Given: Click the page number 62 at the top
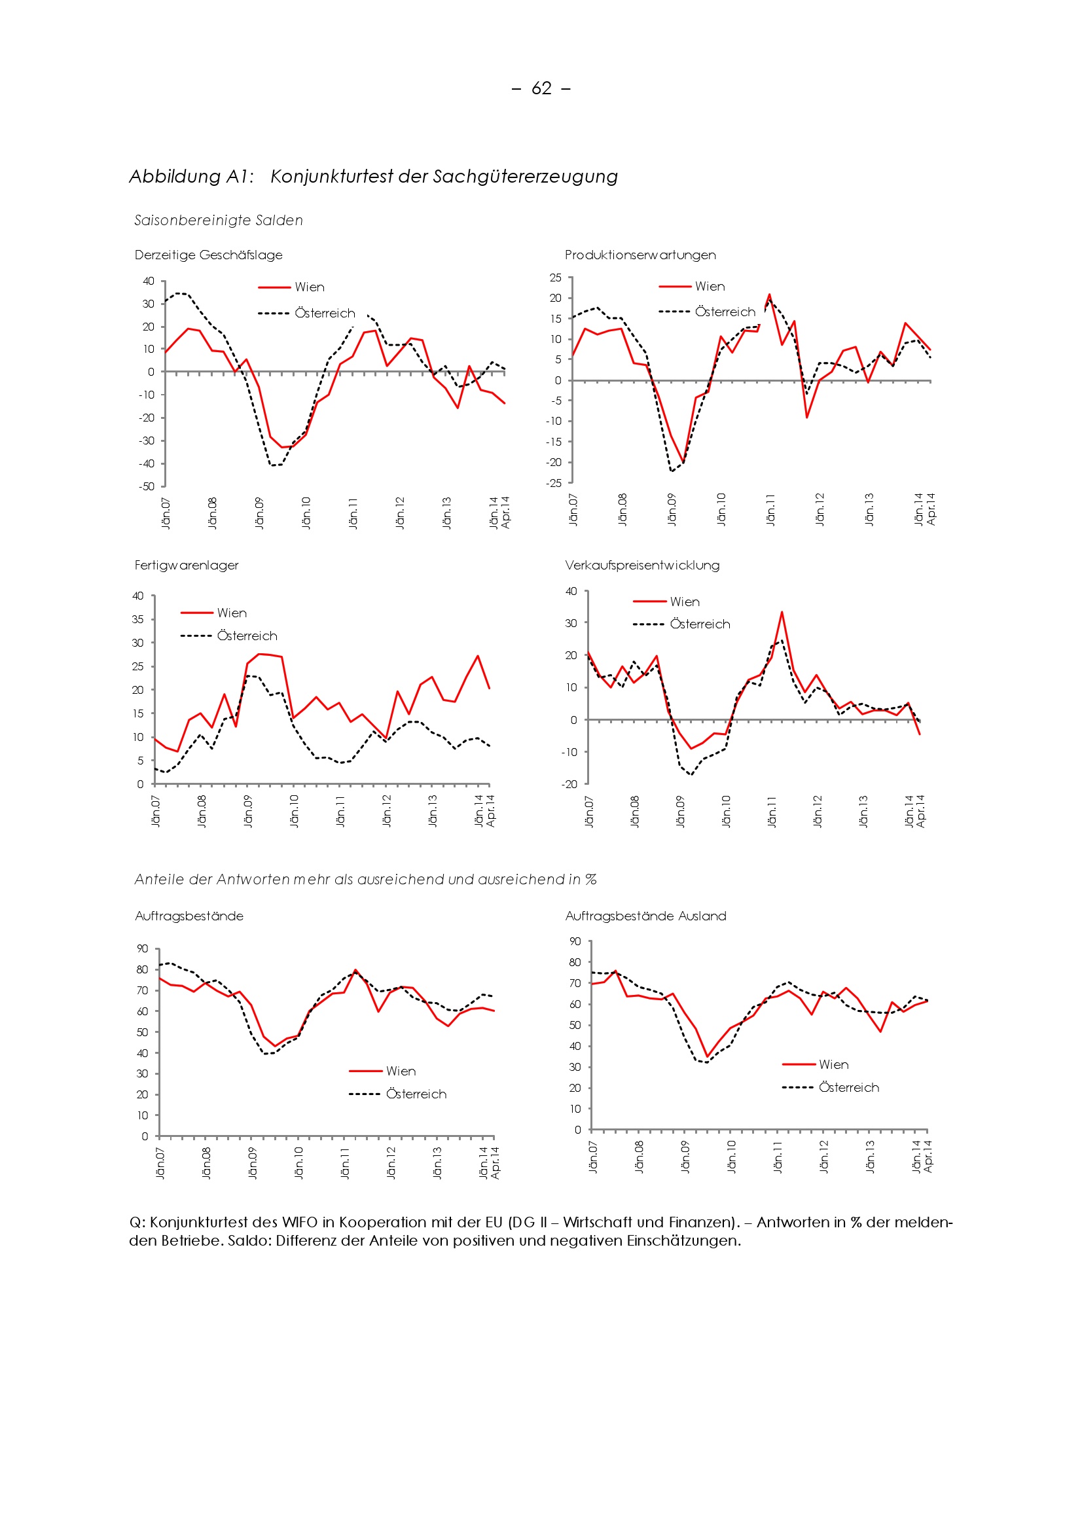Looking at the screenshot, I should coord(541,88).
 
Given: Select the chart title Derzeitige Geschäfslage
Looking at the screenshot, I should coord(208,255).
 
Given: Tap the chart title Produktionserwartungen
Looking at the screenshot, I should coord(640,255).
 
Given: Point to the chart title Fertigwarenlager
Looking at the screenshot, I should coord(186,565).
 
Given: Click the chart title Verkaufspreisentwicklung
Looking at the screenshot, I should coord(642,565).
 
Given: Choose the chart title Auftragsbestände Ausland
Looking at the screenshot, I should coord(645,916).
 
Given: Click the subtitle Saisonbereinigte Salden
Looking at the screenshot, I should coord(218,220).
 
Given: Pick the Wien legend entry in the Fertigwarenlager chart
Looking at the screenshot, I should coord(231,613).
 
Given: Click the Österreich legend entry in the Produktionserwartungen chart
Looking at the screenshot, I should coord(725,312).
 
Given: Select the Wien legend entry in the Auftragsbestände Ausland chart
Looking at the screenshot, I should coord(833,1064).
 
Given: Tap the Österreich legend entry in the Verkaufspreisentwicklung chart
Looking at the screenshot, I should coord(700,624).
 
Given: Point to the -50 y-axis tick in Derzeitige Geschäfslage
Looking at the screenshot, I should coord(147,487).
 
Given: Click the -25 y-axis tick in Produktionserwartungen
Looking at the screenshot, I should coord(554,483).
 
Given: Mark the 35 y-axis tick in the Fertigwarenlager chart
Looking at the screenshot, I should coord(137,619).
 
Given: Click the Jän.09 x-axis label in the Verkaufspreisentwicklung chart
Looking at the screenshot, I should coord(680,811).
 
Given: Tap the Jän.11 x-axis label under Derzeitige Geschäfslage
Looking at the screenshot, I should coord(353,513).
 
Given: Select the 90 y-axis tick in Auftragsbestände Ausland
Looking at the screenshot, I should coord(575,941).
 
